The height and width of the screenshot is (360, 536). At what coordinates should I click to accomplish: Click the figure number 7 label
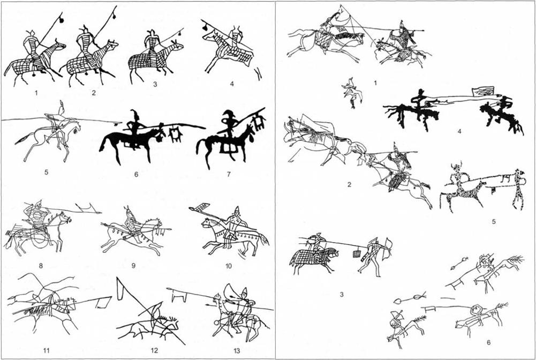(x=229, y=174)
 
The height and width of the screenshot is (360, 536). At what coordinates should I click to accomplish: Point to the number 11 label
(x=47, y=350)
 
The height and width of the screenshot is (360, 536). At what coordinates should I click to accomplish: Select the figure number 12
(x=154, y=350)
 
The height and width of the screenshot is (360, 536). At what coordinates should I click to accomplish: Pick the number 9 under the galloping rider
(x=134, y=265)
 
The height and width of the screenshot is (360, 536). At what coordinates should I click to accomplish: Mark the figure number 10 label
(x=229, y=266)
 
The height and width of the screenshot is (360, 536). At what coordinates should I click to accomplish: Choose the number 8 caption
(x=41, y=265)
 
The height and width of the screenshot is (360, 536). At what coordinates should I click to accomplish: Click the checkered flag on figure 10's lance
(x=199, y=207)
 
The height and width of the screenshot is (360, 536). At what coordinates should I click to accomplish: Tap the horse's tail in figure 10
(x=263, y=239)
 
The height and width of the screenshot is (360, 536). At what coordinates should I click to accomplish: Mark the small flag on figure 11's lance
(x=103, y=302)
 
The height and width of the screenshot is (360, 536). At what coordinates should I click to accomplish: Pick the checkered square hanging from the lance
(x=357, y=253)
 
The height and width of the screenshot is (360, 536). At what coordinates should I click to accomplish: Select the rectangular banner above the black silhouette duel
(x=482, y=91)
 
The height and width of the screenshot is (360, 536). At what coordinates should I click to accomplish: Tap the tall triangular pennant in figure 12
(x=120, y=289)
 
